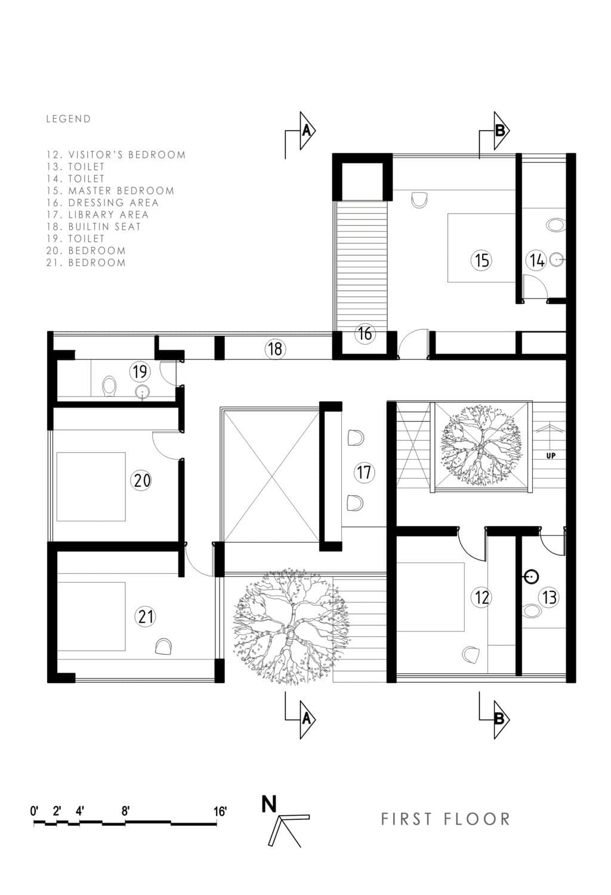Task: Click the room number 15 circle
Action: [x=481, y=260]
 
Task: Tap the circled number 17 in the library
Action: [x=364, y=473]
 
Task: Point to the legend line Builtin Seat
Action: [x=94, y=227]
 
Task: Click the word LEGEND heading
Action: [x=69, y=119]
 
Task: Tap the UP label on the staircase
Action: [x=551, y=456]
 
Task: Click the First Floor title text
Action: [x=446, y=819]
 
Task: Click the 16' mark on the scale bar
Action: [x=220, y=812]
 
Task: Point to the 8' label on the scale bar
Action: [x=126, y=812]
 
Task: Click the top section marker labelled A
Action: [x=306, y=130]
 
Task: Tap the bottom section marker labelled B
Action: [x=499, y=719]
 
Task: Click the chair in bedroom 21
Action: [x=163, y=646]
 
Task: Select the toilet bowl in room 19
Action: [x=109, y=386]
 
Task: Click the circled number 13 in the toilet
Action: [x=548, y=597]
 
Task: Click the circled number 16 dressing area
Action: [x=365, y=333]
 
